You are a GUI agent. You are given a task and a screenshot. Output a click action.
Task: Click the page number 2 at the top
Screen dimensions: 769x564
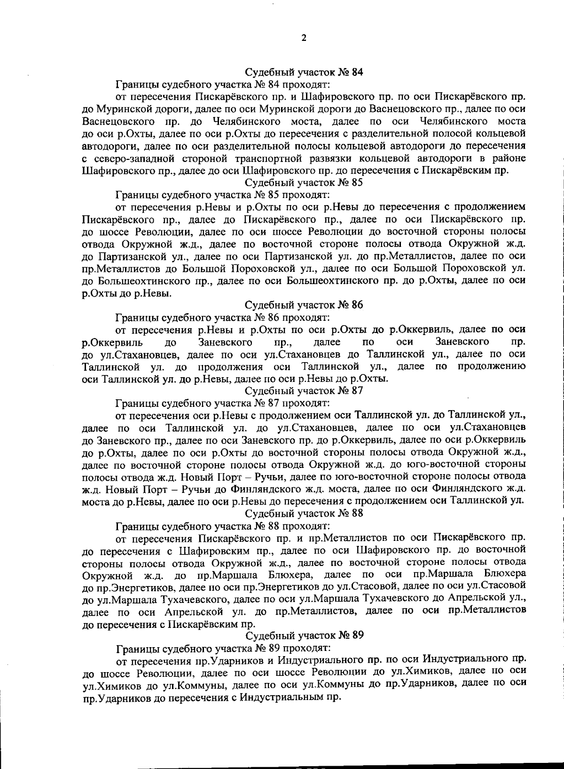point(304,38)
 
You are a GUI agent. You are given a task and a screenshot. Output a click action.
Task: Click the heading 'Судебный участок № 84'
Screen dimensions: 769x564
point(305,72)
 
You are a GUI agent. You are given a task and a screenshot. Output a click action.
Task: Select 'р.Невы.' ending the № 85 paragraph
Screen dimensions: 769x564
point(156,293)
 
